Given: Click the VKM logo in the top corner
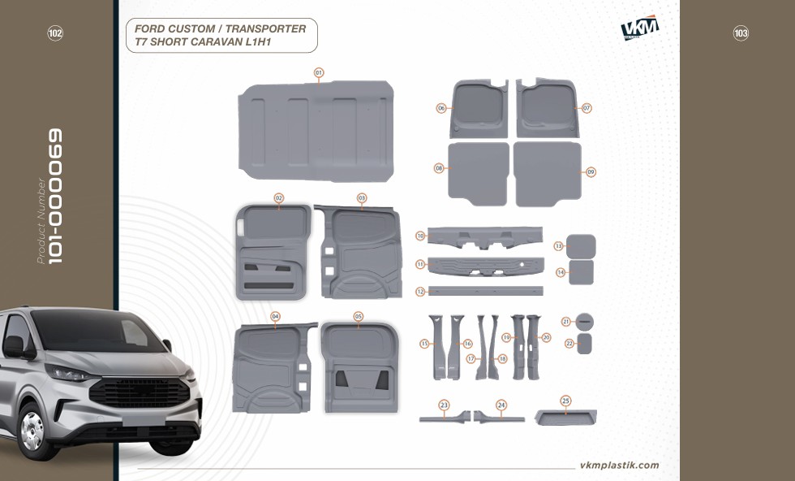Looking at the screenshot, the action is point(640,28).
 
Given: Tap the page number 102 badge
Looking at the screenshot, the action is point(55,33).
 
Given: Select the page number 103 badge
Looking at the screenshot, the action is point(741,33).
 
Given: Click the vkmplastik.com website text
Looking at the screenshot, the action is point(620,466).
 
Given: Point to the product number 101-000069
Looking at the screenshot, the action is point(55,196).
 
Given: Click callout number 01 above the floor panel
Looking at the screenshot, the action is point(318,72).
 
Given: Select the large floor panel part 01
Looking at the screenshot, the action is point(316,131).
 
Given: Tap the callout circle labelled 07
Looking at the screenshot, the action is point(587,108).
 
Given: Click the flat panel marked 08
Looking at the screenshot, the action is point(479,174).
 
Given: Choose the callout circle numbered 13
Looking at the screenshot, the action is point(559,246).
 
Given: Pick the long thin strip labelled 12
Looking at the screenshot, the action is point(486,291).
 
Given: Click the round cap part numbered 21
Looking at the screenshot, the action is point(585,321).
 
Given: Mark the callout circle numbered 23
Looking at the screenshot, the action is point(445,405).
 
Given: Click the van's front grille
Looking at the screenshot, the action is point(140,392).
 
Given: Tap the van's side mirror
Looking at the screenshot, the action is point(15,347).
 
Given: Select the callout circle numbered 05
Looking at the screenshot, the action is point(359,316).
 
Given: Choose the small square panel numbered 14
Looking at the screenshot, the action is point(581,272).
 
